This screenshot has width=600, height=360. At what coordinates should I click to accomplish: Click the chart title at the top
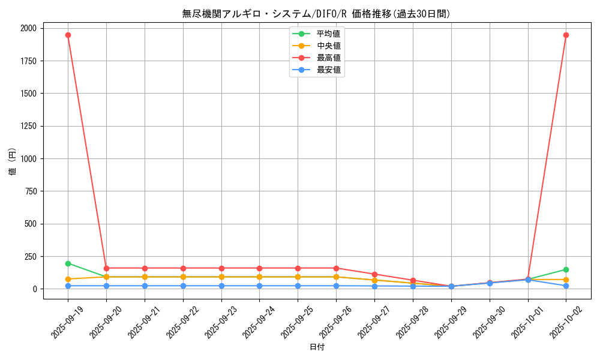pyautogui.click(x=316, y=14)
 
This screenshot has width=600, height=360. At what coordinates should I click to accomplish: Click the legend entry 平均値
pyautogui.click(x=329, y=34)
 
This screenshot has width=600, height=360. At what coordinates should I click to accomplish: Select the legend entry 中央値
pyautogui.click(x=329, y=46)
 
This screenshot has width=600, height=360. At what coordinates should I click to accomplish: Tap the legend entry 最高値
pyautogui.click(x=329, y=58)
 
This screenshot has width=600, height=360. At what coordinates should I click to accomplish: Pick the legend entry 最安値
pyautogui.click(x=329, y=70)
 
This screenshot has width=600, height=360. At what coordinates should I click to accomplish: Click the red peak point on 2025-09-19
pyautogui.click(x=68, y=35)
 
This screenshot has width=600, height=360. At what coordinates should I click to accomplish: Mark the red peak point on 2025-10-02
pyautogui.click(x=566, y=35)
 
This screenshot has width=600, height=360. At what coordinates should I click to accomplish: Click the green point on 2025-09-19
pyautogui.click(x=68, y=263)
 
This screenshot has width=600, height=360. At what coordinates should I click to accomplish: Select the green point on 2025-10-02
pyautogui.click(x=566, y=269)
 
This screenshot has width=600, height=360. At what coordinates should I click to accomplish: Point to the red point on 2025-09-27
pyautogui.click(x=374, y=274)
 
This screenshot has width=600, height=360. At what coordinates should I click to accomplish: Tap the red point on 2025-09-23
pyautogui.click(x=221, y=268)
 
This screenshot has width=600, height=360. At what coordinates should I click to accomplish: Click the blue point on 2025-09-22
pyautogui.click(x=183, y=286)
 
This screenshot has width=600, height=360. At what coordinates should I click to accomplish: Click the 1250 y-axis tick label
pyautogui.click(x=28, y=126)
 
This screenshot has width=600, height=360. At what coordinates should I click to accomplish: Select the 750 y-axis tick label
pyautogui.click(x=30, y=191)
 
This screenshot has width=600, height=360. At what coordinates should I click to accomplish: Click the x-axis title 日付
pyautogui.click(x=317, y=347)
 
